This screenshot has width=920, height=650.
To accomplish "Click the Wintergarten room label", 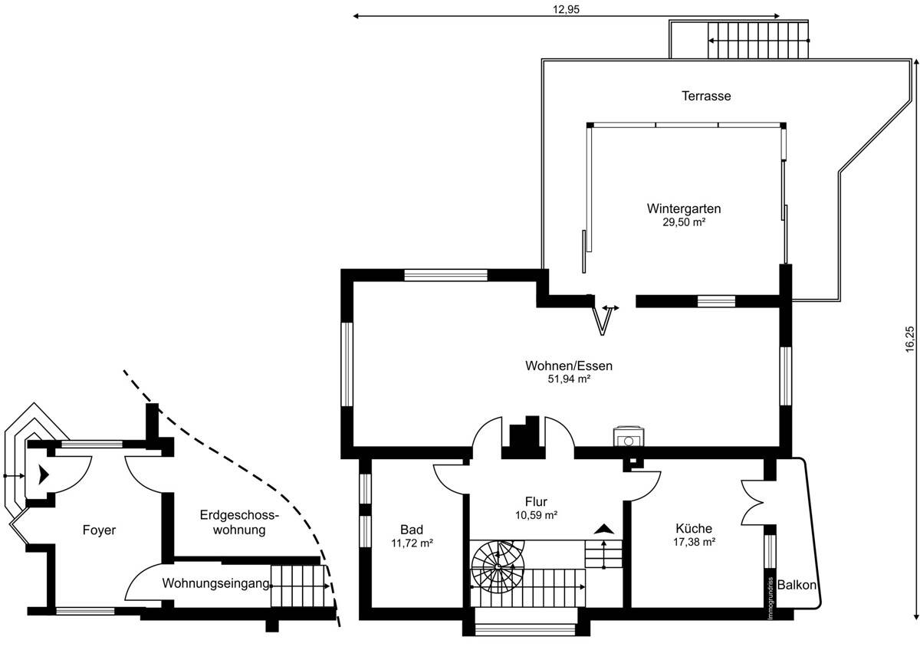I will [683, 208].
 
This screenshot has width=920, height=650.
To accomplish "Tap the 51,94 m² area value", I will [568, 379].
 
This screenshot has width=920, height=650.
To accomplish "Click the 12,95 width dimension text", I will [565, 9].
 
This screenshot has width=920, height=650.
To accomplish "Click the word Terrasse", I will [706, 97].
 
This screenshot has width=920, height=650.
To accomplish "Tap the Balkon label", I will [797, 585].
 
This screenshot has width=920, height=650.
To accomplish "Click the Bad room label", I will [412, 530].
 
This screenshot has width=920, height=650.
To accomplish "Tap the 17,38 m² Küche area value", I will [695, 542].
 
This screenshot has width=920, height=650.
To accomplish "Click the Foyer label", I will [100, 530].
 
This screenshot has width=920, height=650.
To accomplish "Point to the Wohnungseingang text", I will [215, 583].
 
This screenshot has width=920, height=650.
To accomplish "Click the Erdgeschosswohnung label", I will [238, 522].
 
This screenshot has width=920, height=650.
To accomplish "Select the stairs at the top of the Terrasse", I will [757, 39].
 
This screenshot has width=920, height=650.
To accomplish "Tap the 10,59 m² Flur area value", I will [536, 515].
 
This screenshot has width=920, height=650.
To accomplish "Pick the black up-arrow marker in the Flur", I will [604, 528].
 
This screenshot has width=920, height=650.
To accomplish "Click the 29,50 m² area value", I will [684, 222].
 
